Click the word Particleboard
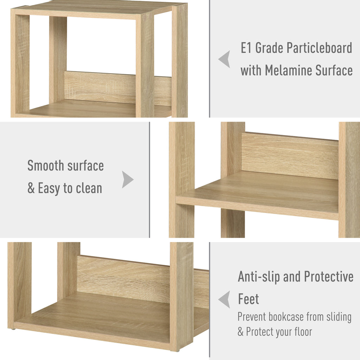click(x=319, y=48)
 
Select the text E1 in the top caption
click(x=246, y=48)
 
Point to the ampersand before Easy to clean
click(x=31, y=188)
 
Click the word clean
click(x=89, y=188)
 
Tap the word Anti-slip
click(x=259, y=277)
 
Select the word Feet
click(x=249, y=299)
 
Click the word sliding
click(x=339, y=317)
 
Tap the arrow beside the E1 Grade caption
click(x=224, y=59)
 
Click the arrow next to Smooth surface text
click(x=128, y=180)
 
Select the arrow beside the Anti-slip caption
click(x=224, y=300)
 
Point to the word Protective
click(x=329, y=276)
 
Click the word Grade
click(x=269, y=48)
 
